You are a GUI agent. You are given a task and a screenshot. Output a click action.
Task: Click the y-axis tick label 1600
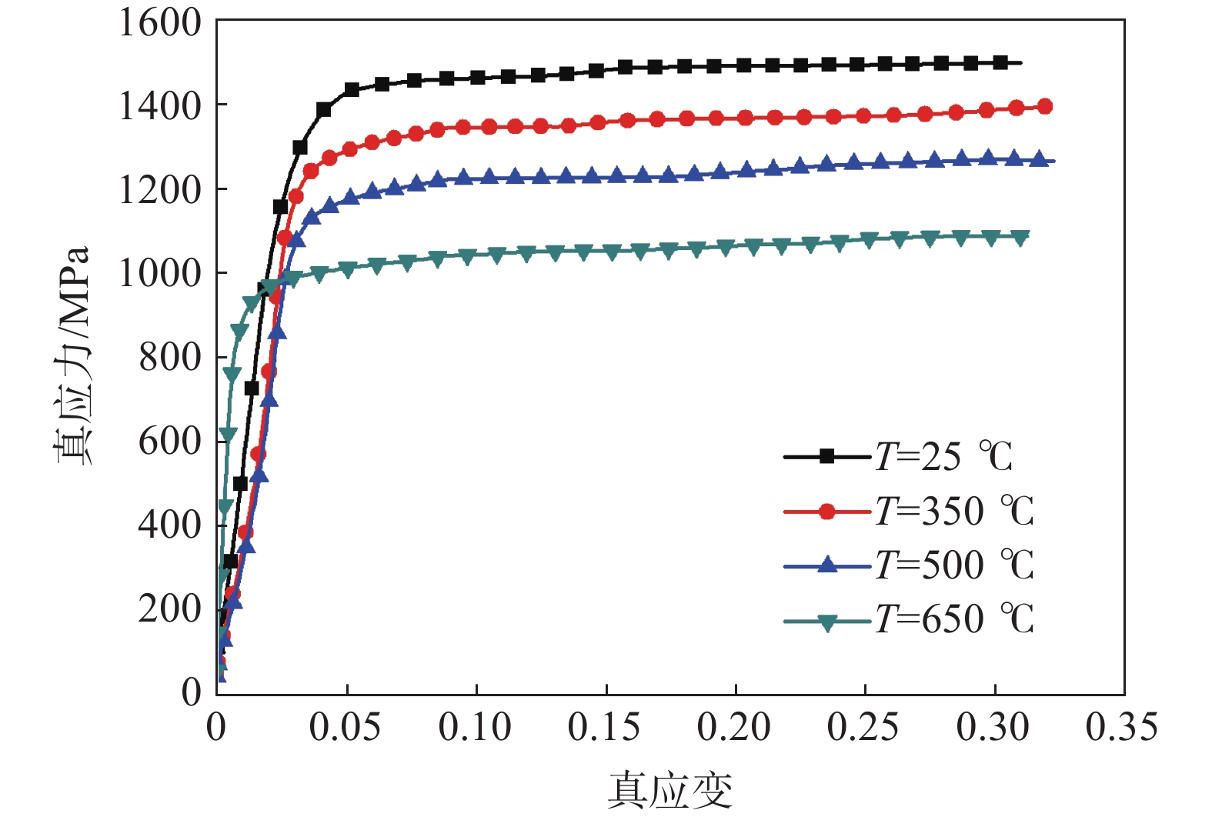[x=159, y=23]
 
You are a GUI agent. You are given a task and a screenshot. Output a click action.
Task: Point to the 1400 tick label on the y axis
[x=159, y=106]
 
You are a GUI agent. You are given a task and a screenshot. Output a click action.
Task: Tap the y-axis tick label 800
[x=169, y=357]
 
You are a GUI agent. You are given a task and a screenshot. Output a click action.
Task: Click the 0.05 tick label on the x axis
[x=345, y=727]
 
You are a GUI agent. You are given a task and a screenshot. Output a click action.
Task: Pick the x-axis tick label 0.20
[x=733, y=727]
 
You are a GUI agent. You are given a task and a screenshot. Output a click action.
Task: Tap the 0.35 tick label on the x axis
[x=1121, y=727]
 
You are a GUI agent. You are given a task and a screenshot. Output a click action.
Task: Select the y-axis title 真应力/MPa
[x=73, y=355]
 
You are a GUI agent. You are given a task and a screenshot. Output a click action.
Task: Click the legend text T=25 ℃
[x=944, y=457]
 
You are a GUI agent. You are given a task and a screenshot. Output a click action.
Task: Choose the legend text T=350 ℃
[x=954, y=511]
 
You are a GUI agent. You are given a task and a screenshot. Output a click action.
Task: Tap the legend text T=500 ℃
[x=954, y=565]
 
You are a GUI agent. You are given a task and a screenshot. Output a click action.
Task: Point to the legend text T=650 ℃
[x=954, y=619]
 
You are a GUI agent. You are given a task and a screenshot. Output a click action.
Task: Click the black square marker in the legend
[x=826, y=457]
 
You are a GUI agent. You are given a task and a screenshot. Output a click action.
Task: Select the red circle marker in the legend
[x=826, y=512]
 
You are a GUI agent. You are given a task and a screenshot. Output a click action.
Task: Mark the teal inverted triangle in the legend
[x=826, y=622]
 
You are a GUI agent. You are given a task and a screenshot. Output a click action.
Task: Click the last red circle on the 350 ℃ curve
[x=1044, y=107]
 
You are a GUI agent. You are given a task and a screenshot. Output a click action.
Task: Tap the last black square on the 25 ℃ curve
[x=1000, y=62]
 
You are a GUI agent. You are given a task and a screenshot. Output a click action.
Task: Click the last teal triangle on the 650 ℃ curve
[x=1020, y=238]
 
